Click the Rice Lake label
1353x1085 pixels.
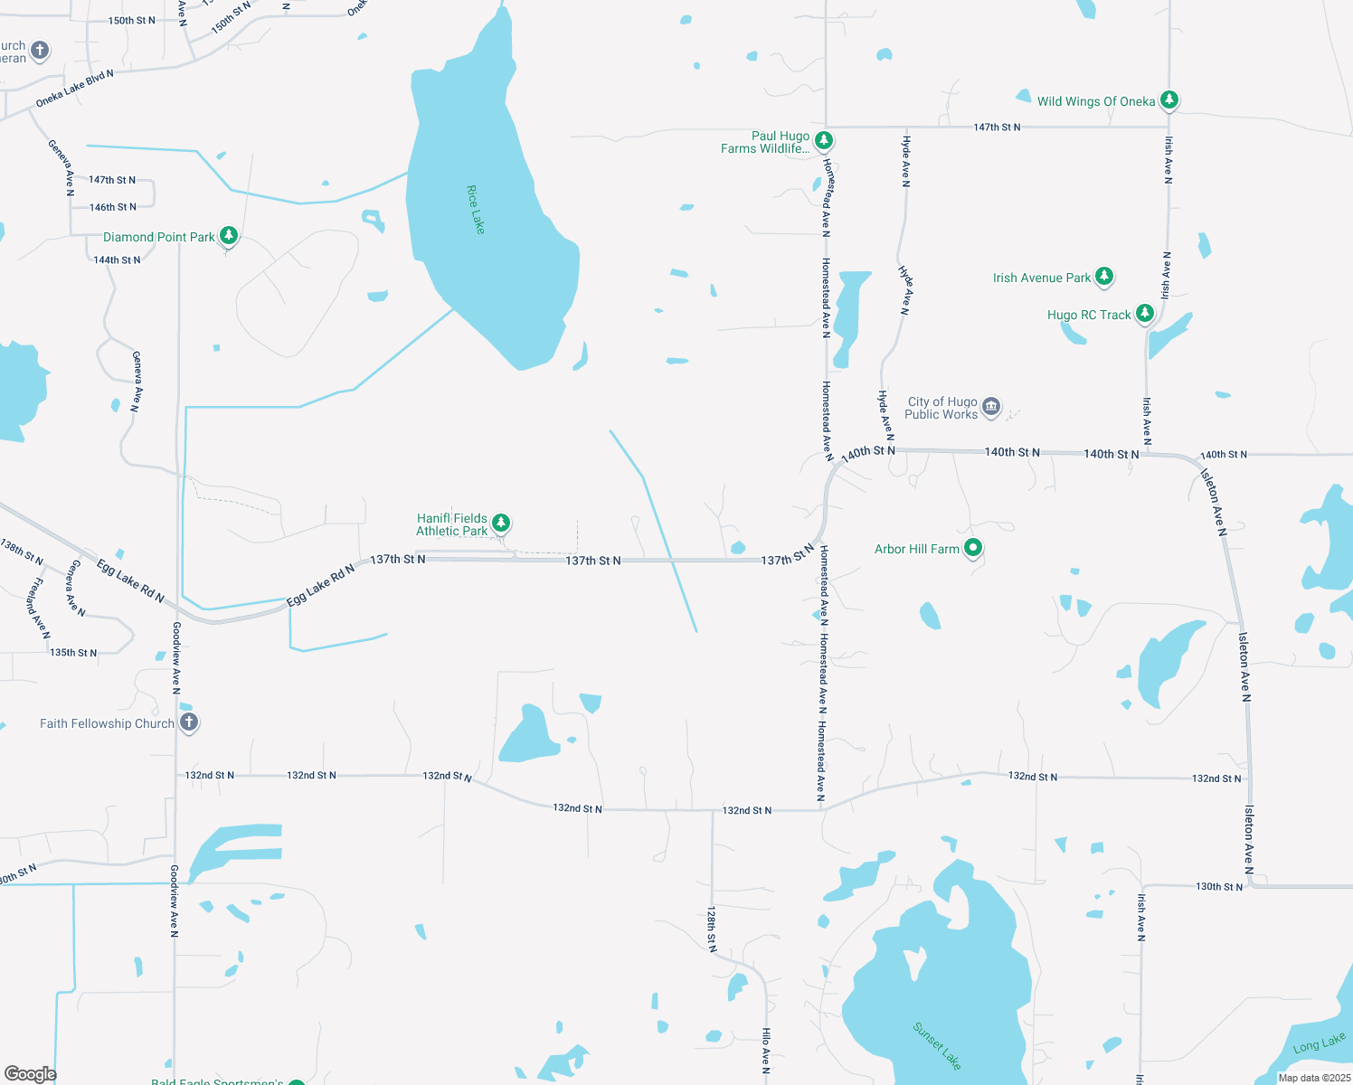(476, 210)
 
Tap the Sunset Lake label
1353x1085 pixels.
(937, 1046)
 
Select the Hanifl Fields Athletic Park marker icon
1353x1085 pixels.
(501, 523)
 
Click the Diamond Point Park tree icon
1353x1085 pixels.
(229, 236)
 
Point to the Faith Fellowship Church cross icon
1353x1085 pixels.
(189, 722)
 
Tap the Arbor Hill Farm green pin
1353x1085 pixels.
(973, 547)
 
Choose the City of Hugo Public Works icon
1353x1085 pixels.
(991, 407)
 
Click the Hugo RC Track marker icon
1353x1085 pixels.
(1145, 313)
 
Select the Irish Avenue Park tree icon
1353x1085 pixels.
(1104, 276)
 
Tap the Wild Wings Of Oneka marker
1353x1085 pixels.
(1169, 99)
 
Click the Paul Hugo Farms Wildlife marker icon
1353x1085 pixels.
(824, 140)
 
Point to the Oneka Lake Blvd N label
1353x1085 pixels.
(75, 89)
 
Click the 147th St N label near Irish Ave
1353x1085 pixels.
(997, 127)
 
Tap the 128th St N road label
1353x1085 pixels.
(712, 929)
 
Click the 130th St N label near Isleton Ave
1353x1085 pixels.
(1219, 887)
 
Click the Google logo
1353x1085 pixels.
(31, 1073)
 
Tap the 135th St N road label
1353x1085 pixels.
(73, 653)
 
